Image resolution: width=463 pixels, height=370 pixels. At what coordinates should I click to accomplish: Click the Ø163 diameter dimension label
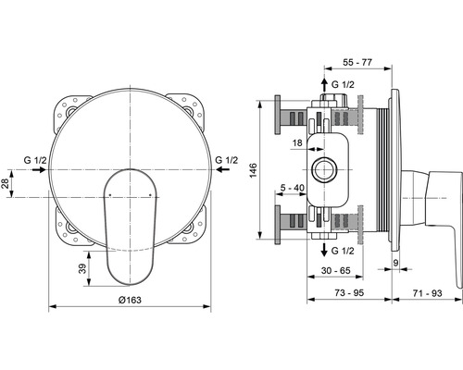[130, 300]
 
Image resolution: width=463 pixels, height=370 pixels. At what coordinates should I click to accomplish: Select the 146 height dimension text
[253, 170]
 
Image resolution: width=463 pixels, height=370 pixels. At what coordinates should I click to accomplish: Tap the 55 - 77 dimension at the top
[357, 62]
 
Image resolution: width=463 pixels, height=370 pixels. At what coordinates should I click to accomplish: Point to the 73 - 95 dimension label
[349, 292]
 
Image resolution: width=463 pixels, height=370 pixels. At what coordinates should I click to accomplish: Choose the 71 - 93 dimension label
[428, 293]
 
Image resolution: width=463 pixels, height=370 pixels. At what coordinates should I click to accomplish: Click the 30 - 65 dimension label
[336, 270]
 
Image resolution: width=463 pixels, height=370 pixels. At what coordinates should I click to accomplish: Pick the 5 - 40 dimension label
[293, 188]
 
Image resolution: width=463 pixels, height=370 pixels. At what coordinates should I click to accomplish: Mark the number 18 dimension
[297, 143]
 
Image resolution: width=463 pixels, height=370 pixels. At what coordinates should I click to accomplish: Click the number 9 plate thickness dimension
[396, 263]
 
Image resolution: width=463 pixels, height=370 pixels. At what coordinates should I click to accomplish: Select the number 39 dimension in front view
[82, 268]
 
